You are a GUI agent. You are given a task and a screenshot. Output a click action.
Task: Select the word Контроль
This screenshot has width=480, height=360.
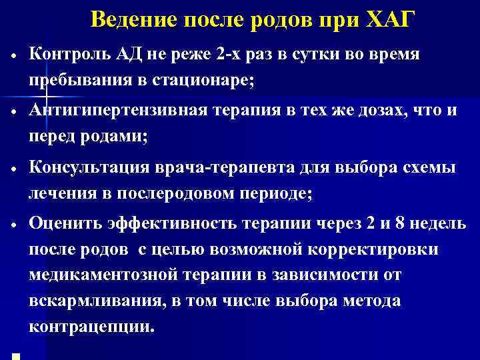[x=69, y=55]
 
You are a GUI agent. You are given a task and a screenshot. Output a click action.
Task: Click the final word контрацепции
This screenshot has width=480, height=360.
[x=91, y=327]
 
